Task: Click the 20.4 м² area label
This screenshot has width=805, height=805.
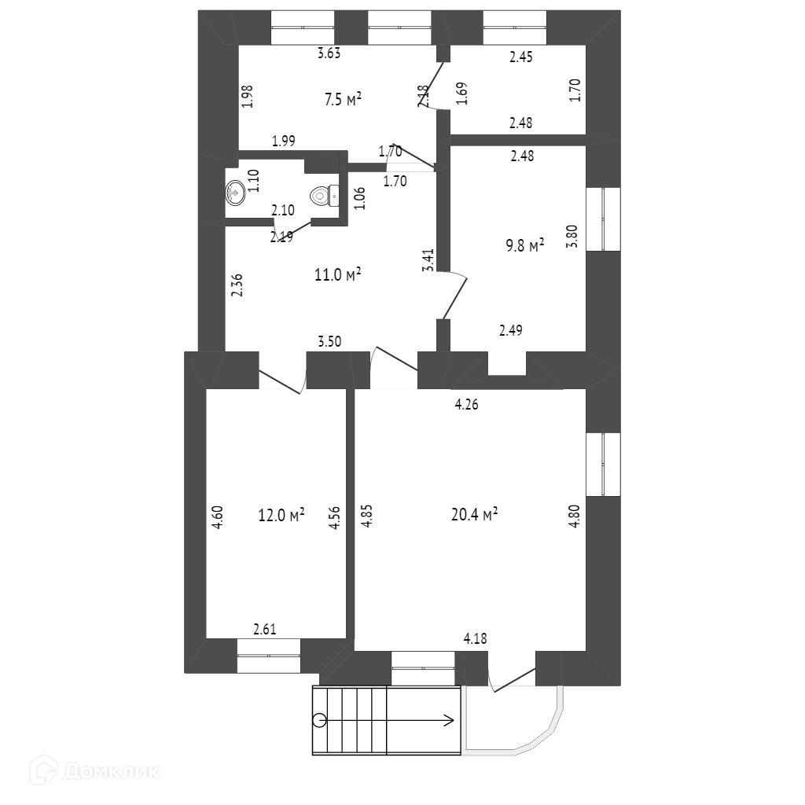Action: (476, 515)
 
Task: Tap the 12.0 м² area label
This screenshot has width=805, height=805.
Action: (281, 515)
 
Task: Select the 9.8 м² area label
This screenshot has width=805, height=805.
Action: (525, 247)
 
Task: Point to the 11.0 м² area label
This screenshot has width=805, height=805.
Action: (342, 274)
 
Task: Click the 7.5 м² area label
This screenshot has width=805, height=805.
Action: (343, 99)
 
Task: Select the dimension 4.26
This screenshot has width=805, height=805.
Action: (466, 406)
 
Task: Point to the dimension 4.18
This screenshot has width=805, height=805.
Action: (475, 638)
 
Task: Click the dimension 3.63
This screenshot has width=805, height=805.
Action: (329, 54)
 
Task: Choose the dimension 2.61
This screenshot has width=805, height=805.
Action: (264, 629)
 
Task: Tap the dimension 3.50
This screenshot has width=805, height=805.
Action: (329, 342)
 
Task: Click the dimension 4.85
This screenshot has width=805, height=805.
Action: (366, 520)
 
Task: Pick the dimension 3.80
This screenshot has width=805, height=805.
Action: (573, 237)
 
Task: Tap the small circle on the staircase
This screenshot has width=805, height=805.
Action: (318, 719)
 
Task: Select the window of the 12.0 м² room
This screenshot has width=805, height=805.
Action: (269, 656)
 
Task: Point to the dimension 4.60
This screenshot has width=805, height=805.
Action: (219, 520)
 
